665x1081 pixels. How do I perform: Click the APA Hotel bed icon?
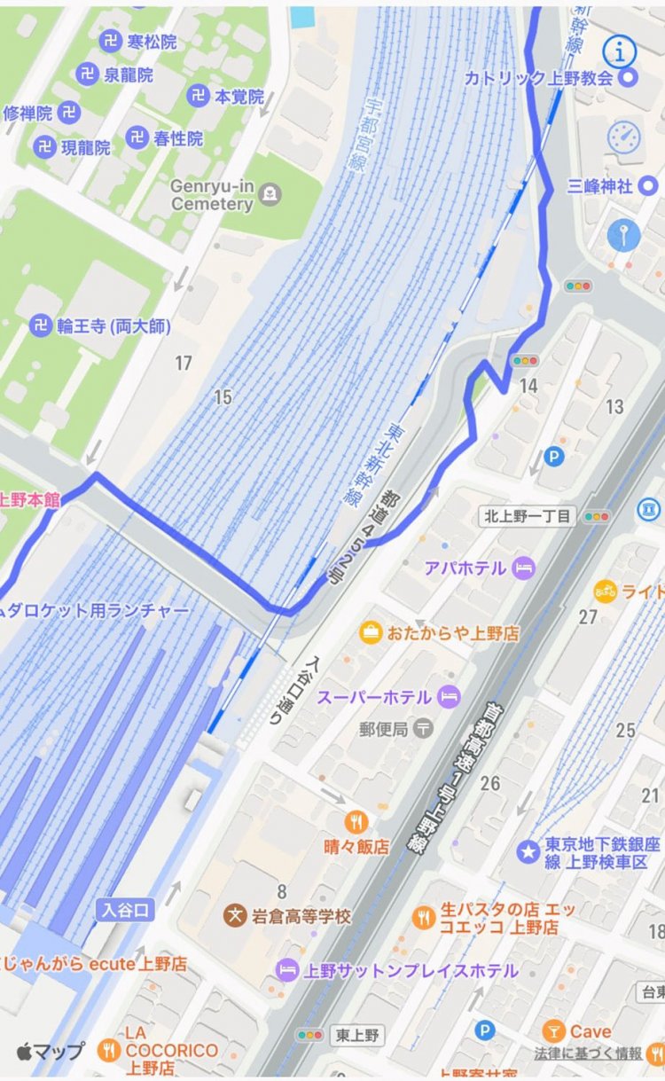[525, 567]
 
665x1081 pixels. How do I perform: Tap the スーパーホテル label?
[373, 696]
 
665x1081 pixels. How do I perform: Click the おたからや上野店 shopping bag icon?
[370, 633]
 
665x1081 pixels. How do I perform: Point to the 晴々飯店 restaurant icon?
[358, 821]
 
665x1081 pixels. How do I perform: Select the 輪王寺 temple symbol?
[41, 325]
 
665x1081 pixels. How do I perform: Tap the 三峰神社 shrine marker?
[648, 185]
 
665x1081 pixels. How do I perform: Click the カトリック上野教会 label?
[538, 78]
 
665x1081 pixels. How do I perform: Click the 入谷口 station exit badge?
[124, 911]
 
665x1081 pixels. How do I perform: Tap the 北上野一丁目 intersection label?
[527, 515]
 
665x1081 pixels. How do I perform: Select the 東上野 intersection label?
[356, 1035]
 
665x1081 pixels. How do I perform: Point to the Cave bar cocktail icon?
[554, 1030]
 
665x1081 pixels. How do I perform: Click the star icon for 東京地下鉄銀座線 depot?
[528, 850]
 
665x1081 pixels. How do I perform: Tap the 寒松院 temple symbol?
[110, 41]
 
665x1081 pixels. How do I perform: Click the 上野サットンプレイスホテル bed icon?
[287, 970]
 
